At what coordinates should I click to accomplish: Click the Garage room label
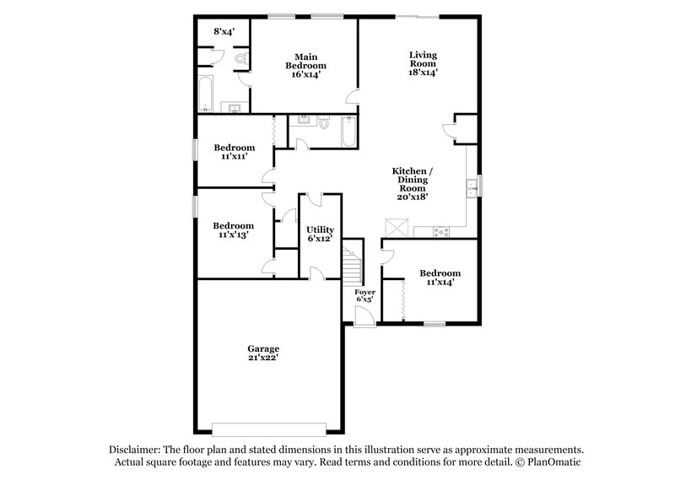[263, 348]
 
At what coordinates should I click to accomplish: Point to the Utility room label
[321, 229]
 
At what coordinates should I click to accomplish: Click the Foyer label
[364, 291]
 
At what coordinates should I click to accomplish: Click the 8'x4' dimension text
[224, 31]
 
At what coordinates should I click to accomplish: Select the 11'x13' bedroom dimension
[233, 236]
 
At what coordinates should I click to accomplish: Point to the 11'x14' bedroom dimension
[440, 283]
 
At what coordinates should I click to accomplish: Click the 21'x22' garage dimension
[263, 358]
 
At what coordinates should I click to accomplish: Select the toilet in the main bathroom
[240, 59]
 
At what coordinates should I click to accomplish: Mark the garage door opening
[268, 427]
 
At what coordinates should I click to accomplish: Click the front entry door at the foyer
[364, 317]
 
